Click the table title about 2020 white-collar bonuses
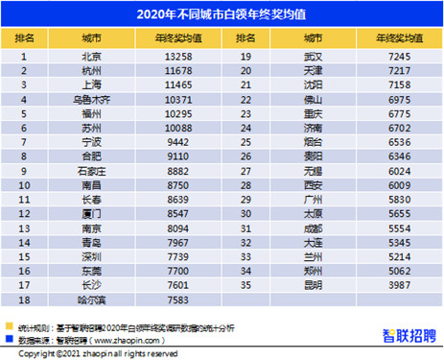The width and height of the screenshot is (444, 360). (222, 14)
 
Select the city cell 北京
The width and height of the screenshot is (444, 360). (93, 57)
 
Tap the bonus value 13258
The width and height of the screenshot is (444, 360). (177, 57)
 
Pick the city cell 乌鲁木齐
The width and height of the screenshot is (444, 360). (93, 98)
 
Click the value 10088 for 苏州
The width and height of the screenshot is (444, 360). (177, 125)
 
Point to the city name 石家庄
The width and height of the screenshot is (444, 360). (93, 166)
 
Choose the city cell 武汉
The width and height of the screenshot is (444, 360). (314, 57)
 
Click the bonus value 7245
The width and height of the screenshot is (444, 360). (398, 57)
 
